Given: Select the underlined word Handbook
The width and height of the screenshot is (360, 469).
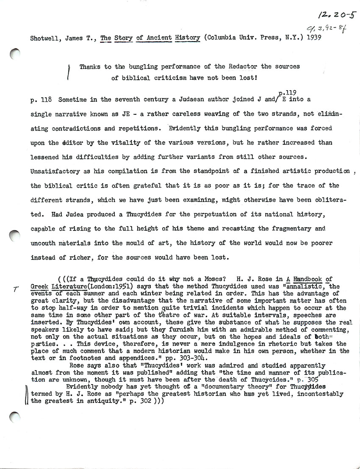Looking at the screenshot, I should point(305,279).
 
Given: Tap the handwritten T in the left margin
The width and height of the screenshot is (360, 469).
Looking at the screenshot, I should point(15,289).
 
